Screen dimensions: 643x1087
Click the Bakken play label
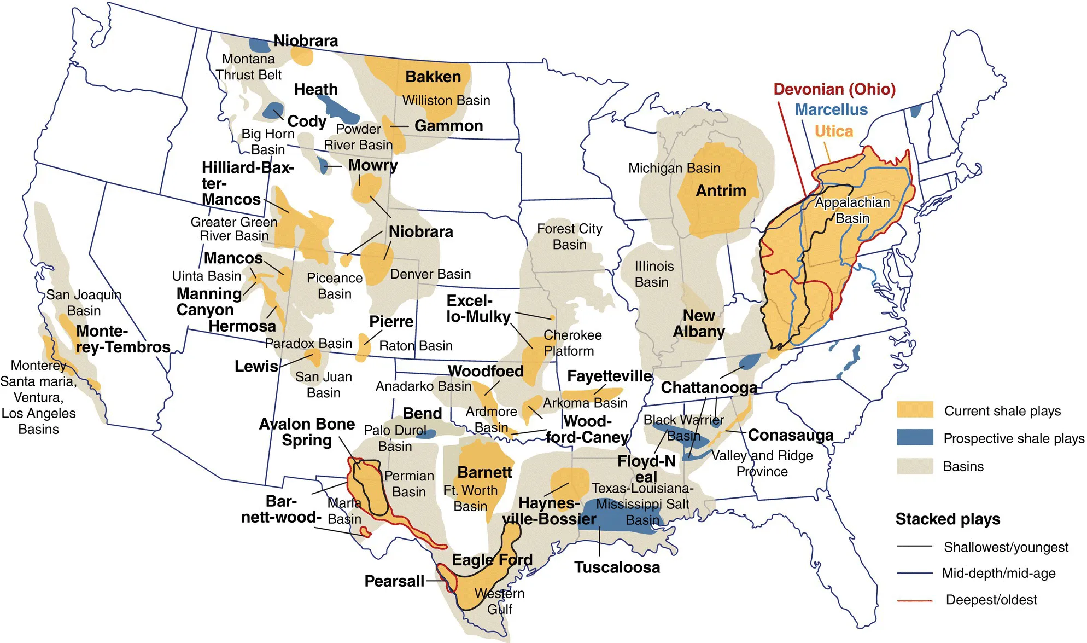(433, 77)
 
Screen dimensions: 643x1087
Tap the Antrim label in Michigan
(721, 190)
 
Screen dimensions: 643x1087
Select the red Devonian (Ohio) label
(834, 89)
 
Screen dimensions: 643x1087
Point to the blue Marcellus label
(831, 110)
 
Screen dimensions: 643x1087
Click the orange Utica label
(834, 131)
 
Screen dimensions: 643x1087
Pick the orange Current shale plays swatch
(915, 410)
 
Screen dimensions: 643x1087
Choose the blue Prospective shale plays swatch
(915, 438)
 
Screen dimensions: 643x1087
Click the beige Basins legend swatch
(915, 466)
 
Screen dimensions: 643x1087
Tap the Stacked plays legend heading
(948, 519)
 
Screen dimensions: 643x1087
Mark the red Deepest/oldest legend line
(914, 600)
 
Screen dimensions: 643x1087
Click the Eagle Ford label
(492, 560)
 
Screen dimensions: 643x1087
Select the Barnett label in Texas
(484, 472)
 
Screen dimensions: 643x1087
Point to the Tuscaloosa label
(617, 567)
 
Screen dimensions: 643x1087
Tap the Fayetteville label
(610, 376)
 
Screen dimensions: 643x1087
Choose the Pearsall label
(394, 581)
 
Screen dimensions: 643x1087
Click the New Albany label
(699, 323)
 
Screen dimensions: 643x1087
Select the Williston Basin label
(446, 100)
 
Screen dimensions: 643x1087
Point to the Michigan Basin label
(674, 168)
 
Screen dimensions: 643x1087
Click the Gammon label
(448, 126)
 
